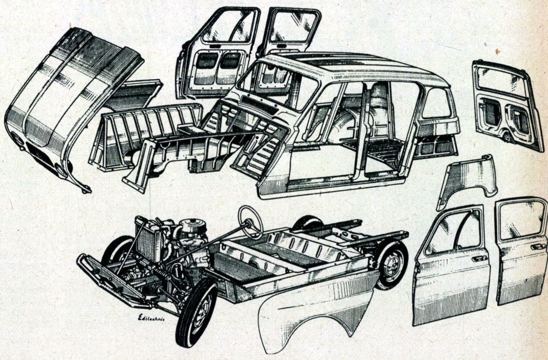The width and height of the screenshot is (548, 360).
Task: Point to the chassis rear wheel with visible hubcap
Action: (x=392, y=264)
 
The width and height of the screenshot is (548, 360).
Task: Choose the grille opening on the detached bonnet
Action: (x=40, y=155)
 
